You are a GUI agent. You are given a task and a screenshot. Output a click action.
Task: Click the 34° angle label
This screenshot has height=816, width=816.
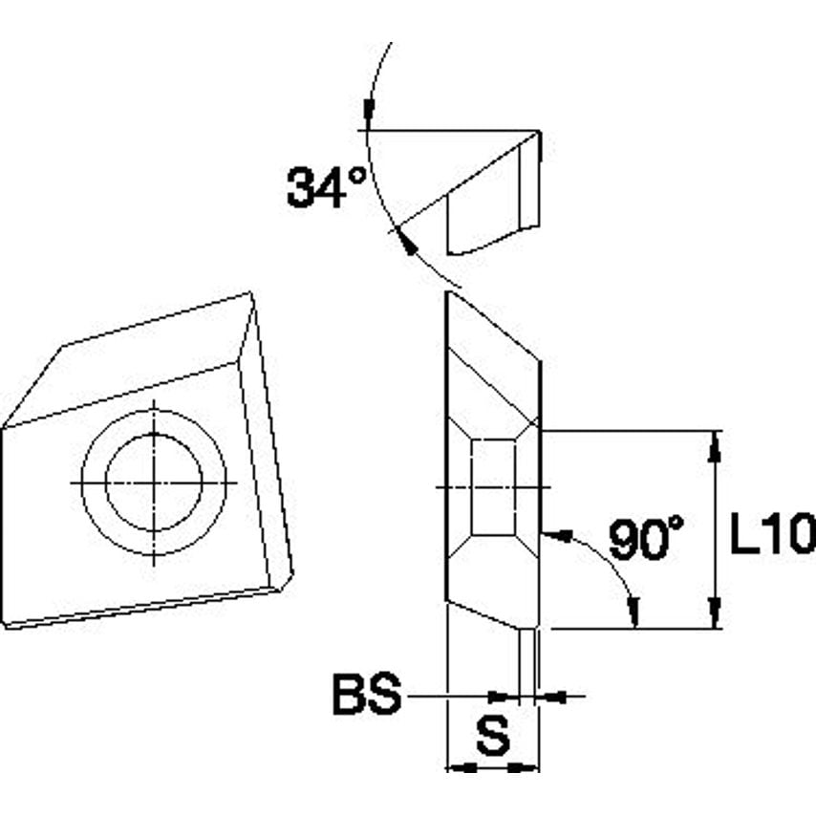tap(326, 185)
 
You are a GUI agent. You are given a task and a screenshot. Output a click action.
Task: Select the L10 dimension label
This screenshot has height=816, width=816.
tap(770, 537)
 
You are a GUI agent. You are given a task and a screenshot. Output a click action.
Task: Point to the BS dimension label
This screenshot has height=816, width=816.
tap(366, 696)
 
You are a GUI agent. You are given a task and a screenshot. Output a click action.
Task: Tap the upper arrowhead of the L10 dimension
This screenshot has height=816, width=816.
tap(714, 443)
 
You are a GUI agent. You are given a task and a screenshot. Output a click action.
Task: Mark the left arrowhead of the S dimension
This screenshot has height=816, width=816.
tap(460, 766)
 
